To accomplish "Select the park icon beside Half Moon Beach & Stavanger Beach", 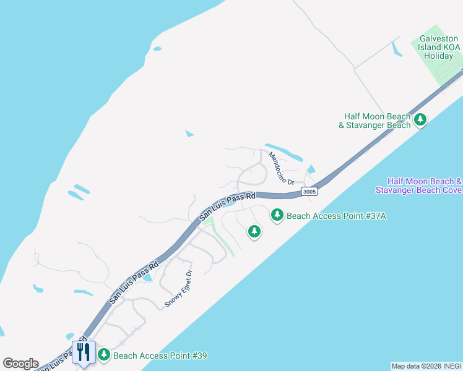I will click(421, 119).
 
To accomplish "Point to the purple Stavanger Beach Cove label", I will click(418, 185).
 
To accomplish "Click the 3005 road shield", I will click(310, 192).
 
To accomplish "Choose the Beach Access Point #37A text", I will click(336, 216).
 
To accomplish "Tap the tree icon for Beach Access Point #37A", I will click(277, 215).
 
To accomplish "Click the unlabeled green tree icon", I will click(254, 231).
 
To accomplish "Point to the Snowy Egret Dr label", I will click(180, 288).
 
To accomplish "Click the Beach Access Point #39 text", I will click(160, 356).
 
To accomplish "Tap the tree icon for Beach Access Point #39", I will click(104, 355).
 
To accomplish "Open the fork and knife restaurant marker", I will click(84, 352).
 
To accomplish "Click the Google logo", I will click(20, 364).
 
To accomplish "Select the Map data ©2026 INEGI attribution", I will click(426, 366).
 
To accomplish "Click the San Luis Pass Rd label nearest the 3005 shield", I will click(227, 207).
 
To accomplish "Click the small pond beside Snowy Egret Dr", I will click(148, 278).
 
